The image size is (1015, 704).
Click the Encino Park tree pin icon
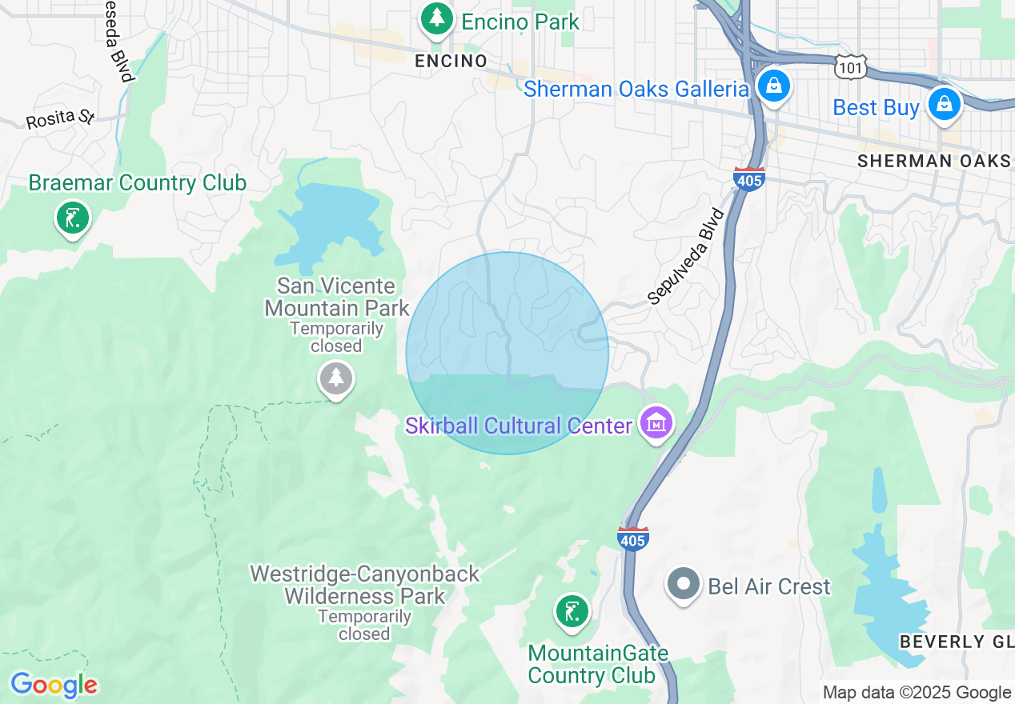436,19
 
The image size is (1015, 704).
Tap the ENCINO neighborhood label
451,61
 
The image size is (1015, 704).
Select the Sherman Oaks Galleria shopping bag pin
773,86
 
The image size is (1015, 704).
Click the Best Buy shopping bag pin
945,104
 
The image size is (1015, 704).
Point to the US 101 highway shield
849,68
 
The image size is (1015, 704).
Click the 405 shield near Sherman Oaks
748,179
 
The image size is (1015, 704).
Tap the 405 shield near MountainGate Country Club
632,538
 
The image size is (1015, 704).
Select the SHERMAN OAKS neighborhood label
933,161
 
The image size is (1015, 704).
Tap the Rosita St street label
60,119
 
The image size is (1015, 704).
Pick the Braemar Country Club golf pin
73,217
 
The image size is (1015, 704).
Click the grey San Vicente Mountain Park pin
336,378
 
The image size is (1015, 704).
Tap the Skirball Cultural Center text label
519,426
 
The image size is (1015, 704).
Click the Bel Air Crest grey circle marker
684,585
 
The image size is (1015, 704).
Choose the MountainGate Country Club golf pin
572,612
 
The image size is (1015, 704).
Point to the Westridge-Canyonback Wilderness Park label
365,585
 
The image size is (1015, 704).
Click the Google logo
54,686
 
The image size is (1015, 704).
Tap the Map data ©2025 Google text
917,693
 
